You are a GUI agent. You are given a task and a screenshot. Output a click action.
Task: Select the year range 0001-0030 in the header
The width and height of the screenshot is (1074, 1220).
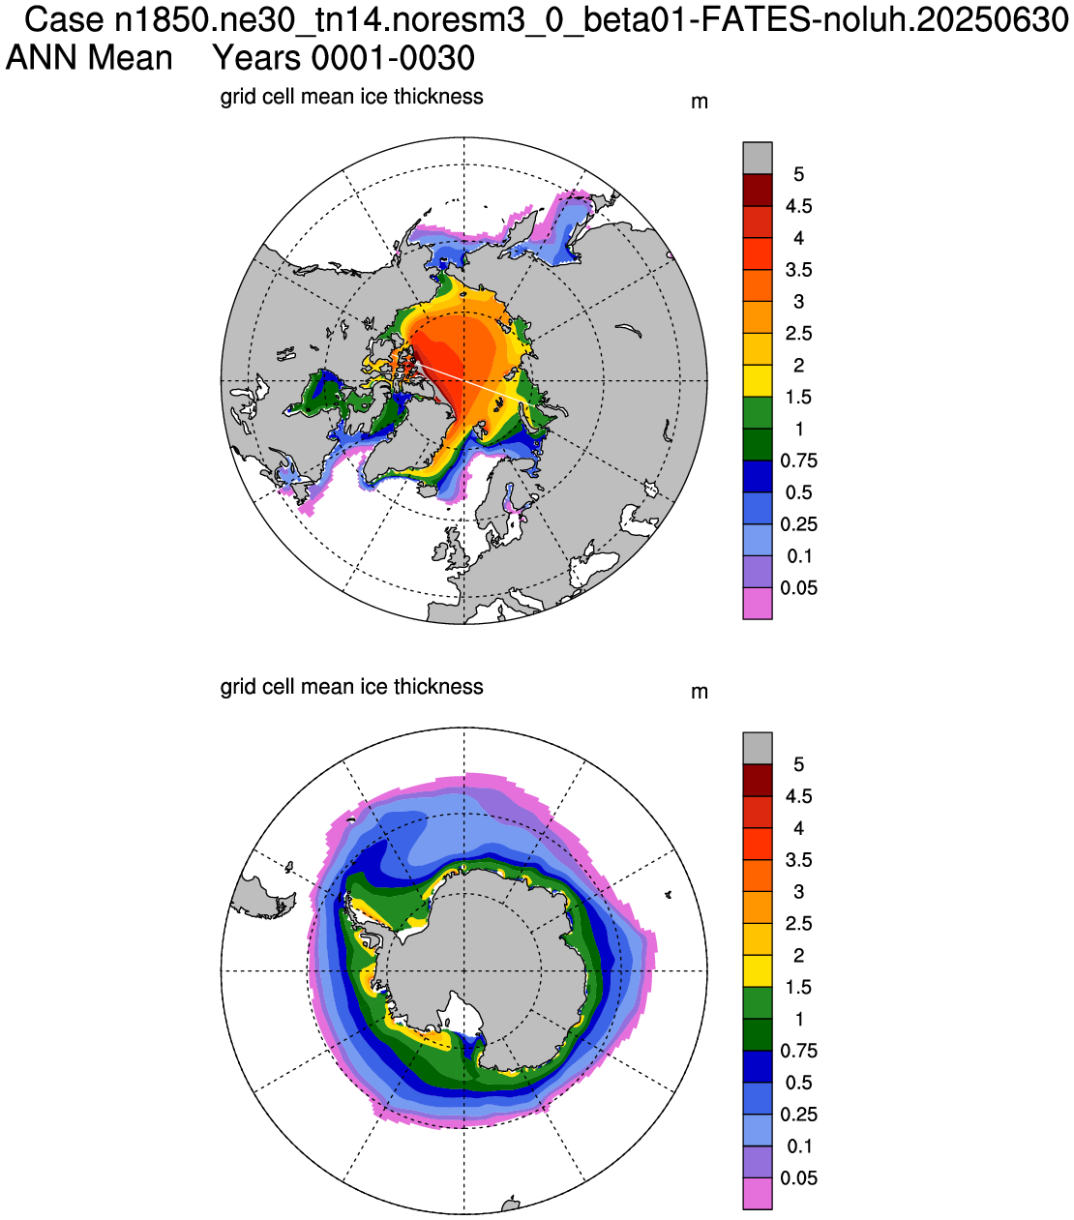[x=393, y=58]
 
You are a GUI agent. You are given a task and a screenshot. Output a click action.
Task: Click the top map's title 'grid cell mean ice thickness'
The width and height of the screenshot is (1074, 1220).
[x=352, y=97]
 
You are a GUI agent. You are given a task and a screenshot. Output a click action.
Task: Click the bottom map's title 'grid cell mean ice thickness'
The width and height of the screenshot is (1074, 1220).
[x=352, y=687]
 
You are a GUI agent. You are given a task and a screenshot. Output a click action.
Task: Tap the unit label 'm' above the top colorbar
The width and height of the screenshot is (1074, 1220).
[x=700, y=103]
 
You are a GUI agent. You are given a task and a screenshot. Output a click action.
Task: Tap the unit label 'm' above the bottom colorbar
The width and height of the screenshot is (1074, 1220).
[x=700, y=693]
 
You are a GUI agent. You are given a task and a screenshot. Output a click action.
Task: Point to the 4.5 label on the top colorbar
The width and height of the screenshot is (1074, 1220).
[x=798, y=206]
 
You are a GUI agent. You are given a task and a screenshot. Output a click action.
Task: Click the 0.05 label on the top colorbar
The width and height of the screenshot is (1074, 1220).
[x=798, y=588]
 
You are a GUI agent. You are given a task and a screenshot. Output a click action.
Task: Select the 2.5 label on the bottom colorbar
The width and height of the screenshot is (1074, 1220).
[x=798, y=924]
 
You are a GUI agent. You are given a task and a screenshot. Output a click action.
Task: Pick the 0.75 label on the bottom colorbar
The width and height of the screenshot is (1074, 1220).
[x=798, y=1051]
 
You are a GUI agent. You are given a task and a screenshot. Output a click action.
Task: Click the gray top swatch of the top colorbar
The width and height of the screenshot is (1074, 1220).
[x=758, y=158]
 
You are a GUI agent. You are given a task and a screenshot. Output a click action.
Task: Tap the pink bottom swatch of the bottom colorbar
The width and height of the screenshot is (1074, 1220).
[x=758, y=1194]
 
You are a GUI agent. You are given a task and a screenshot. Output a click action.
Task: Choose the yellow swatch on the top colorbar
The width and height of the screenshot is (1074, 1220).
[x=758, y=380]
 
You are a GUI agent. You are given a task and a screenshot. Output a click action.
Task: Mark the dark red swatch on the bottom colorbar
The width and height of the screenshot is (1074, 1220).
[x=758, y=781]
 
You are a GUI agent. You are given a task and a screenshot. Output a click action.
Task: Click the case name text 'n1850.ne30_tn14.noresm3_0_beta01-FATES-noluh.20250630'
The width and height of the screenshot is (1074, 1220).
[x=591, y=20]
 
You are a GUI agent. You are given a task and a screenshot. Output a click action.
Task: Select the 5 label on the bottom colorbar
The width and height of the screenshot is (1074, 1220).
[x=798, y=764]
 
